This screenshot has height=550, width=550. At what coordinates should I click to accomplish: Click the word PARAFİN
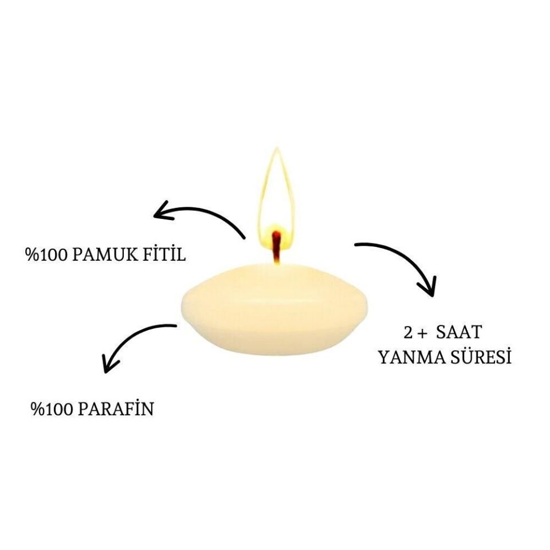(116, 408)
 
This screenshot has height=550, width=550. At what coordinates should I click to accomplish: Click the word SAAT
(459, 332)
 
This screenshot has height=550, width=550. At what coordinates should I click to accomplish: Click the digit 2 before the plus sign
(408, 332)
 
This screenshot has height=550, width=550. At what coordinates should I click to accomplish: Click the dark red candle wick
(277, 247)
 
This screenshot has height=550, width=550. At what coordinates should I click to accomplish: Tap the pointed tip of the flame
(277, 148)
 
